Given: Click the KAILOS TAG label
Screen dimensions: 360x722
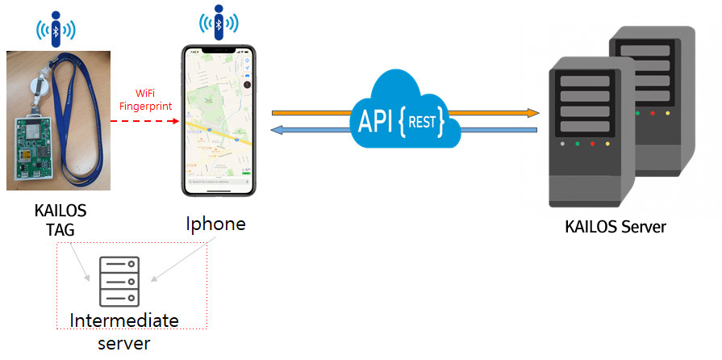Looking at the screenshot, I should [x=60, y=220].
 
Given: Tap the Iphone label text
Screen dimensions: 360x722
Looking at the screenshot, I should [x=215, y=224].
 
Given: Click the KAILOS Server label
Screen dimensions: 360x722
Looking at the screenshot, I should [x=616, y=227].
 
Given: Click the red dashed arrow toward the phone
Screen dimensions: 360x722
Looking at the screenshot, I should [x=145, y=121].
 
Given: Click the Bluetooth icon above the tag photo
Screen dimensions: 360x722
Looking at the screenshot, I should [x=56, y=27].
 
